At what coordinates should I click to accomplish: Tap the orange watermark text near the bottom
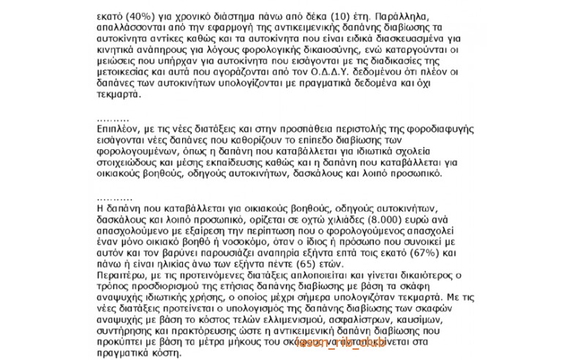click(x=339, y=342)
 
